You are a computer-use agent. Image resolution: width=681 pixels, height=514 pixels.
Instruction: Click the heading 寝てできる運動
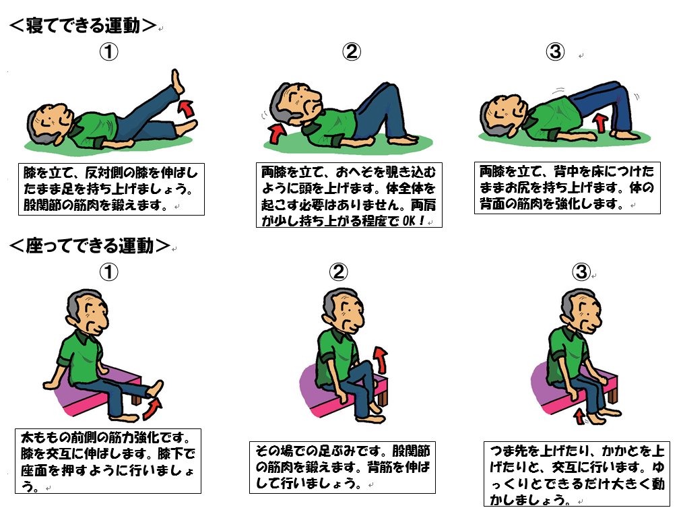click(x=83, y=25)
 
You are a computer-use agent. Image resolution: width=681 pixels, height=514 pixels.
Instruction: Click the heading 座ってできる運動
click(x=89, y=245)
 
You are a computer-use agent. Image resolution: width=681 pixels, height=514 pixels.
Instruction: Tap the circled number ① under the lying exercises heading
click(x=108, y=52)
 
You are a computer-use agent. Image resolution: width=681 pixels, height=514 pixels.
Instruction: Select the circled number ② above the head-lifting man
click(x=352, y=52)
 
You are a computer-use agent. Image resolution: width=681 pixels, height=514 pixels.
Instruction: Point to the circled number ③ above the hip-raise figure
click(x=555, y=52)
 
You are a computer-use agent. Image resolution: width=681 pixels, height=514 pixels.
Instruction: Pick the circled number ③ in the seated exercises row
click(x=581, y=272)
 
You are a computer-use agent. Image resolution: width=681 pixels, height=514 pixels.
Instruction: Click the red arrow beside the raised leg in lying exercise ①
click(x=187, y=108)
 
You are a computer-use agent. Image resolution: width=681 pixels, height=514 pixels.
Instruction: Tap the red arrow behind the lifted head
click(x=276, y=133)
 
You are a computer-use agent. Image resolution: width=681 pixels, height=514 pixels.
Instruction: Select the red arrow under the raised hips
click(x=601, y=123)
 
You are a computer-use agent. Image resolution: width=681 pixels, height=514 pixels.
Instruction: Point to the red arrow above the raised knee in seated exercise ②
click(x=381, y=360)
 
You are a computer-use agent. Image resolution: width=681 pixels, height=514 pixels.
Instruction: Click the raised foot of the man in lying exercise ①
click(x=176, y=81)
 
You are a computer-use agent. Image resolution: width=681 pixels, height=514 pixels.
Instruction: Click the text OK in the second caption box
click(x=409, y=221)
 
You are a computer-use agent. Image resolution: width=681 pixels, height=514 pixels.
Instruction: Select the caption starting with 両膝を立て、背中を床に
click(x=566, y=188)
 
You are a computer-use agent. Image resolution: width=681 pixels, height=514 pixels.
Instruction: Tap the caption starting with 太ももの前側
click(x=108, y=461)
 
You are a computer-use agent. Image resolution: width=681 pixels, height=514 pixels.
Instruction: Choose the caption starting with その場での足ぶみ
click(x=342, y=468)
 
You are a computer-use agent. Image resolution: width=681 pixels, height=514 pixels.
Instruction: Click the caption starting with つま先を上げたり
click(x=577, y=474)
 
